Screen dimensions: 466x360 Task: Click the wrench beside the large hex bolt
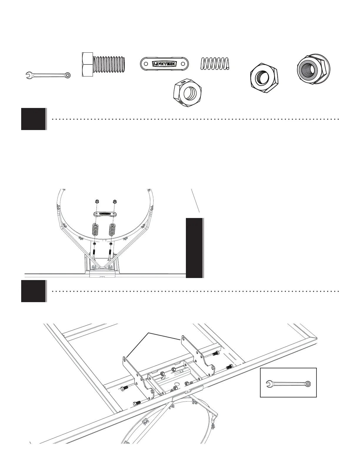(x=48, y=75)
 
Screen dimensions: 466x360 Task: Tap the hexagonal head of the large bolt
(x=87, y=64)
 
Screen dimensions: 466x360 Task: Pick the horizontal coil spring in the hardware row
(x=215, y=64)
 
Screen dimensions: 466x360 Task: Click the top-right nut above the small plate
(x=114, y=202)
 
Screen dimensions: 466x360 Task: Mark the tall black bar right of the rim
(x=194, y=248)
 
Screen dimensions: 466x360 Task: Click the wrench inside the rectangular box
(x=288, y=384)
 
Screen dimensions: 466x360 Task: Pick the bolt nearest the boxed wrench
(x=230, y=367)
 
